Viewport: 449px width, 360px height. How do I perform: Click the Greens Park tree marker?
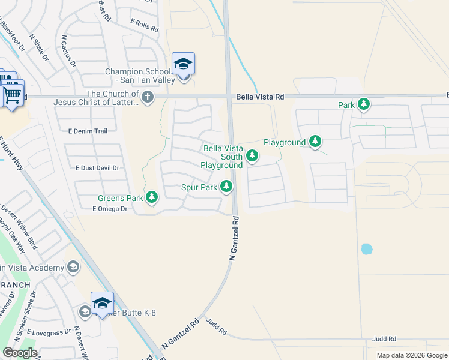click(152, 197)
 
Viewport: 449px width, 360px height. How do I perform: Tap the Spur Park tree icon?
click(226, 187)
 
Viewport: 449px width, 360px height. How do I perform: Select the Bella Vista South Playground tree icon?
click(252, 157)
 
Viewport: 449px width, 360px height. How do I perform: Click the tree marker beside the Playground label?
click(315, 142)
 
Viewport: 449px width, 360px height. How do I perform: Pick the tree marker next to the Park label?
click(363, 104)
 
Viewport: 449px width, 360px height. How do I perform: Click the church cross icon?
click(148, 96)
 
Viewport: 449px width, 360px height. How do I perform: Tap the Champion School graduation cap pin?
click(183, 64)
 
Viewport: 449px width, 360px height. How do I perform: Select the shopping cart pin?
click(13, 94)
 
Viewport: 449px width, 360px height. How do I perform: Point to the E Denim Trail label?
click(88, 131)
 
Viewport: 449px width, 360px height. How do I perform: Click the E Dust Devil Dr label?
click(97, 168)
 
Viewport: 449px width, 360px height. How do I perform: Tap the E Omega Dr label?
click(110, 209)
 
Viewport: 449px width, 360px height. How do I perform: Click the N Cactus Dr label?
click(68, 50)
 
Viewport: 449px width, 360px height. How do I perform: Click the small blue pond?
click(366, 248)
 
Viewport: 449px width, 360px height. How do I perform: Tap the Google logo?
click(20, 353)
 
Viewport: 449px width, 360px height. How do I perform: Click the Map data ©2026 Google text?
click(411, 355)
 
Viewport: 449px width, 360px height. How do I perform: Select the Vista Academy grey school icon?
click(73, 267)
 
